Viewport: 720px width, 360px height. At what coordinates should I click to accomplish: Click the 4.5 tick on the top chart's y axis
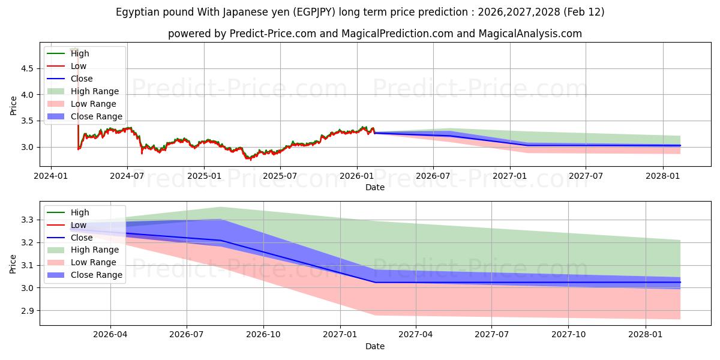click(26, 68)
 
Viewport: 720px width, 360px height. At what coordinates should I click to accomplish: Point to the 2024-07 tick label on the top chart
click(127, 176)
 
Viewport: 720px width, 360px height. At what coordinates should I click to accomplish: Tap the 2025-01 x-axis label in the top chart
click(204, 176)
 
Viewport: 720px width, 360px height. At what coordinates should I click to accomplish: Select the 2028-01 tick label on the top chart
click(663, 176)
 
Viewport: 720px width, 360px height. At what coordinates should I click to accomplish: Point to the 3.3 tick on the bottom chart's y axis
click(26, 220)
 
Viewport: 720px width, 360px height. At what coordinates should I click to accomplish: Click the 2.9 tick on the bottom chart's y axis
click(26, 311)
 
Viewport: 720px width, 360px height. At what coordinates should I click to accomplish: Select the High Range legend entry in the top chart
click(94, 91)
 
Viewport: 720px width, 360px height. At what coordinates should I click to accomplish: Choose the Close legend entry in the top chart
click(82, 79)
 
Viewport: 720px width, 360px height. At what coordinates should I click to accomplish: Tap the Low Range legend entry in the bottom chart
click(93, 262)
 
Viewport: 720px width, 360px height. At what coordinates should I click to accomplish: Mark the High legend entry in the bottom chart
click(80, 212)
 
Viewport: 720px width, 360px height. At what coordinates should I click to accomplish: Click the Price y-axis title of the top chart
click(13, 106)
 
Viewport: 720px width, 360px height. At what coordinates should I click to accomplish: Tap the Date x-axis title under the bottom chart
click(375, 346)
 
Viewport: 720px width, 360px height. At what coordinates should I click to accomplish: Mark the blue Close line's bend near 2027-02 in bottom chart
click(376, 282)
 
